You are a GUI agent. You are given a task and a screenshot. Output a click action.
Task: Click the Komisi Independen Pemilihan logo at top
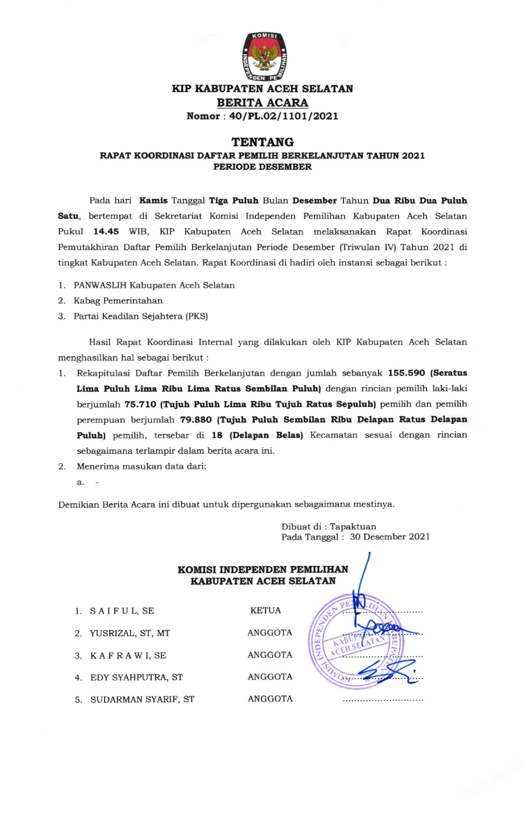(x=265, y=56)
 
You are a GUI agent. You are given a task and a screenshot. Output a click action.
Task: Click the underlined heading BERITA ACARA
(x=262, y=103)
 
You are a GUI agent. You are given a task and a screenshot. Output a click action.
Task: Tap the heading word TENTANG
(x=263, y=142)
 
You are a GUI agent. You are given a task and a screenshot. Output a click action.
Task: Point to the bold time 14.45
(x=106, y=232)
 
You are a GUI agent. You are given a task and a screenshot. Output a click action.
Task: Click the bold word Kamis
(x=153, y=201)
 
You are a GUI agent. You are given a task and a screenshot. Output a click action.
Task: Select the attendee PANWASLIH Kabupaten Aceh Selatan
(x=154, y=285)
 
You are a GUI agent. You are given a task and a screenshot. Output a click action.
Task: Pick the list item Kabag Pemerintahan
(x=118, y=301)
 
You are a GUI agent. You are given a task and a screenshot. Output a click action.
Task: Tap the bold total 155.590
(x=406, y=373)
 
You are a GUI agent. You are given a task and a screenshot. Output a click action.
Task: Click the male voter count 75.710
(x=140, y=404)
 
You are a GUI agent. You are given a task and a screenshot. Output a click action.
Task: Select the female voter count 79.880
(x=196, y=420)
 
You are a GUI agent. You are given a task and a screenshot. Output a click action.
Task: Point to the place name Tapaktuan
(x=353, y=527)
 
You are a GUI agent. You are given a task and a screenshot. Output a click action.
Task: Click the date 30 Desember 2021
(x=390, y=537)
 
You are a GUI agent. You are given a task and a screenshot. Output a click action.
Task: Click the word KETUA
(x=266, y=610)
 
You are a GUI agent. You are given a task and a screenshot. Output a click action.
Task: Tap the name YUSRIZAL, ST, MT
(x=130, y=633)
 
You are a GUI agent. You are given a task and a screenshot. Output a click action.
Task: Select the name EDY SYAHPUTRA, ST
(x=137, y=678)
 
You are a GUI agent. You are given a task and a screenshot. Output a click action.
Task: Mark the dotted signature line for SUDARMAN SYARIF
(x=383, y=700)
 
